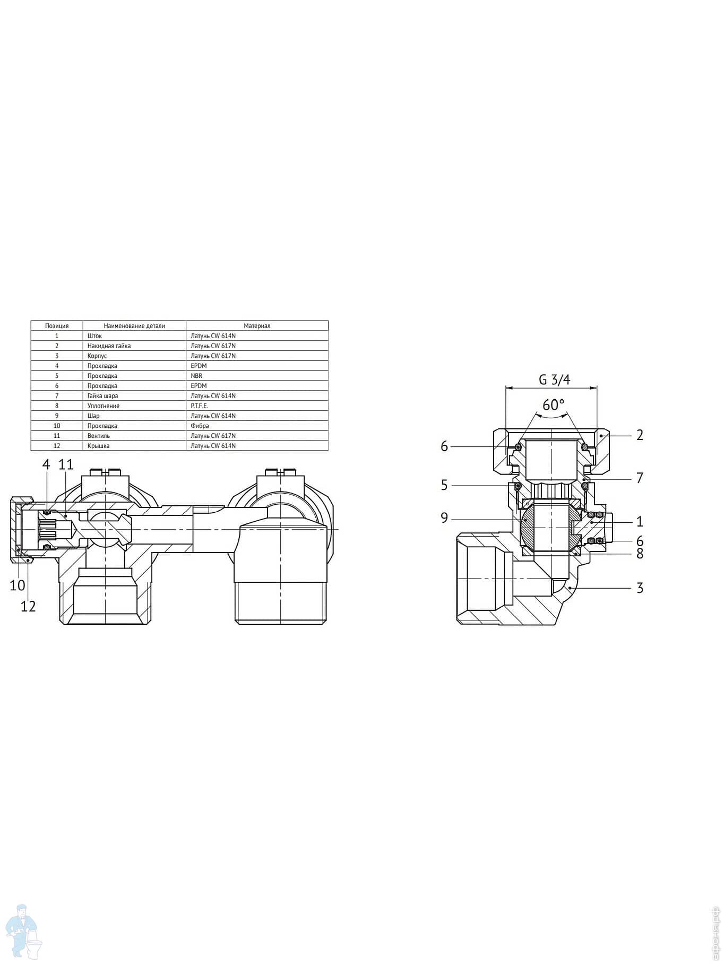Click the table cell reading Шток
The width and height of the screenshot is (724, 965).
tap(94, 336)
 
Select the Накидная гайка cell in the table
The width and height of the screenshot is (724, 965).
tap(109, 346)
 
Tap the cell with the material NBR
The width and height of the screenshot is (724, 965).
tap(196, 376)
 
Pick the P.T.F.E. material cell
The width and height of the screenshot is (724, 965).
tap(200, 406)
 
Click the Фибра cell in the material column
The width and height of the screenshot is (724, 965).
tap(200, 426)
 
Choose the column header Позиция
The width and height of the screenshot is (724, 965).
tap(57, 326)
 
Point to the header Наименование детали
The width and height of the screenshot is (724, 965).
tap(134, 326)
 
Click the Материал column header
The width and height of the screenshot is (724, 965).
tap(257, 326)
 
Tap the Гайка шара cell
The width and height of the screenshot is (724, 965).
tap(102, 396)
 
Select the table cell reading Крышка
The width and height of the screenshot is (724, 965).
tap(98, 446)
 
